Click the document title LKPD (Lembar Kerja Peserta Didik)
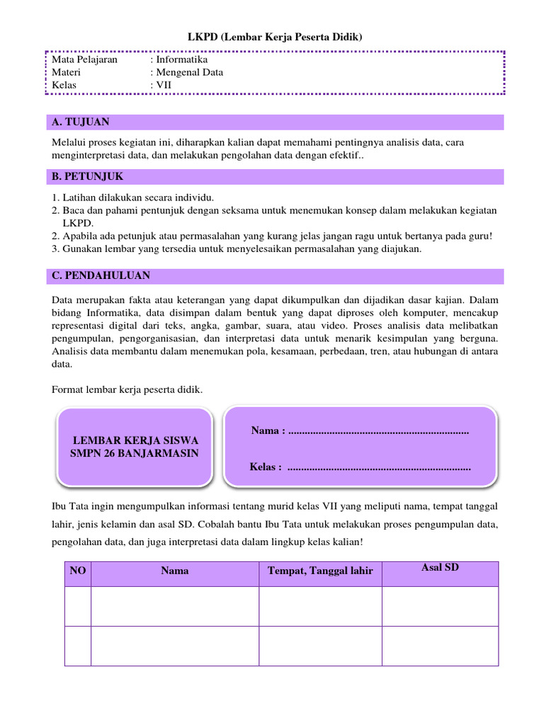point(274,37)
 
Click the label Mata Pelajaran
point(84,59)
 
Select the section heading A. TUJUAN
point(81,122)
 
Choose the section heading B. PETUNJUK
point(88,176)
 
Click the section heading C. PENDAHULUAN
point(101,275)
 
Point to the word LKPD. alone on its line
point(79,223)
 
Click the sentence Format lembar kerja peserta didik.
point(127,389)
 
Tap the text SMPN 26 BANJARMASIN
point(135,453)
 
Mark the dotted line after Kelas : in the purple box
point(380,467)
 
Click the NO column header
point(77,571)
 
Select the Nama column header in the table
point(174,571)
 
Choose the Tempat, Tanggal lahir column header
point(320,571)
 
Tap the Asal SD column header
point(440,568)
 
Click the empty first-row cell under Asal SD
point(440,606)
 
